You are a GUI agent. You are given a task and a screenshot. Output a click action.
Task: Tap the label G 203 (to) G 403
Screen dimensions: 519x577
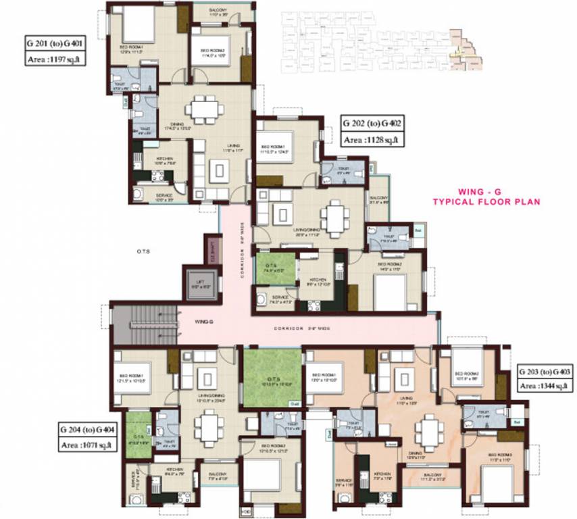[x=545, y=372]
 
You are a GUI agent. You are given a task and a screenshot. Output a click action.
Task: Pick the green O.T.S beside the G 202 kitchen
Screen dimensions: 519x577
[x=274, y=267]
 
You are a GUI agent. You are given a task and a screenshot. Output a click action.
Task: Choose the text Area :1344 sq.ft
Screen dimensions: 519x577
[x=544, y=387]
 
